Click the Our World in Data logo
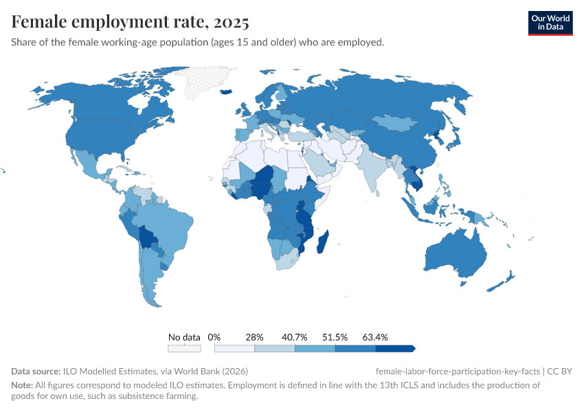550,23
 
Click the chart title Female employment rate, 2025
130,22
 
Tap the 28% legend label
254,337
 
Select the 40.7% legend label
295,337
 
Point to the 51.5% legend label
335,337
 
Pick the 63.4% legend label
376,337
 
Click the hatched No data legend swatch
185,348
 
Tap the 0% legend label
214,337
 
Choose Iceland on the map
225,91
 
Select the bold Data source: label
36,371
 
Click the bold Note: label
23,385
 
